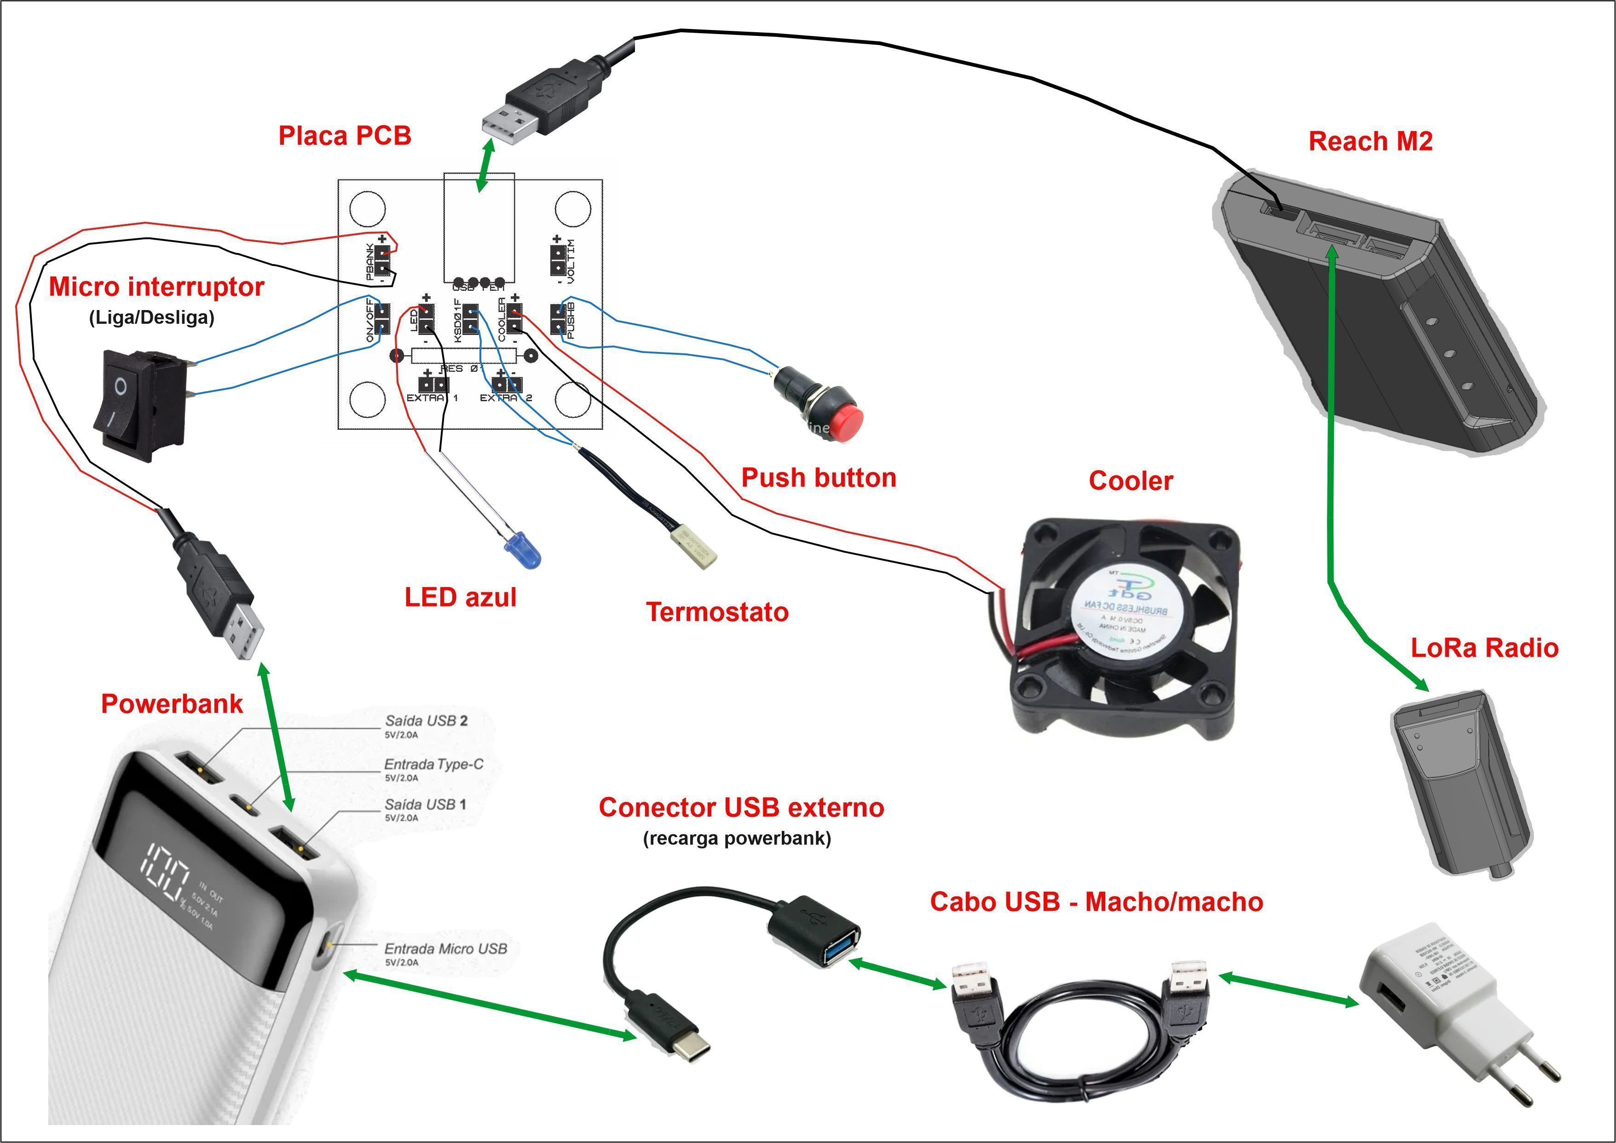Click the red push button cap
847,421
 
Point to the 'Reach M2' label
1370,141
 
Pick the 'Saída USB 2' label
426,721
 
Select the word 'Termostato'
717,612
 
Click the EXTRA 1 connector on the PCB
433,384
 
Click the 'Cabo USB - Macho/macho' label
1096,901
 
